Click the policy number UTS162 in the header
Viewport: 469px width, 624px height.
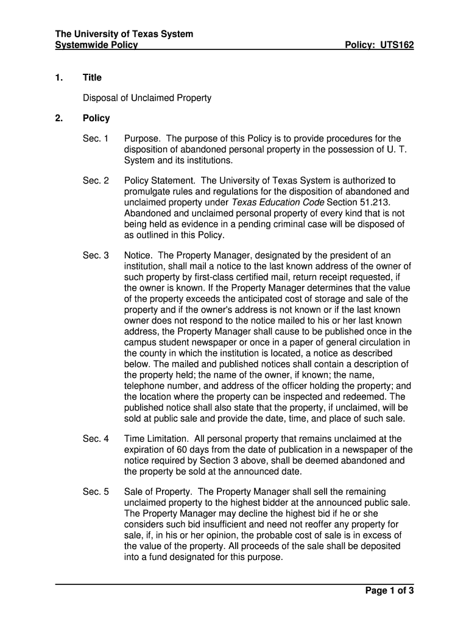point(397,45)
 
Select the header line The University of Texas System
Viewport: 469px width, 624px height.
point(124,34)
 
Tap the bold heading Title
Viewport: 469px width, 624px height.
point(93,77)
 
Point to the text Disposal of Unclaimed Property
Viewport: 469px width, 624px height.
point(147,98)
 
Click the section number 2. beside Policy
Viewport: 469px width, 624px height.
point(58,118)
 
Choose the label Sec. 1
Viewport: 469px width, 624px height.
point(96,139)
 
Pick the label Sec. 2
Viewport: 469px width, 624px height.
point(96,181)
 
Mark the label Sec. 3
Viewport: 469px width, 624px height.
point(96,256)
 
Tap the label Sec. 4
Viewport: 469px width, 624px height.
point(96,439)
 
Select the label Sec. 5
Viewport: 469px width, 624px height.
point(96,492)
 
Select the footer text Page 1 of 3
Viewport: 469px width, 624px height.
point(389,590)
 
